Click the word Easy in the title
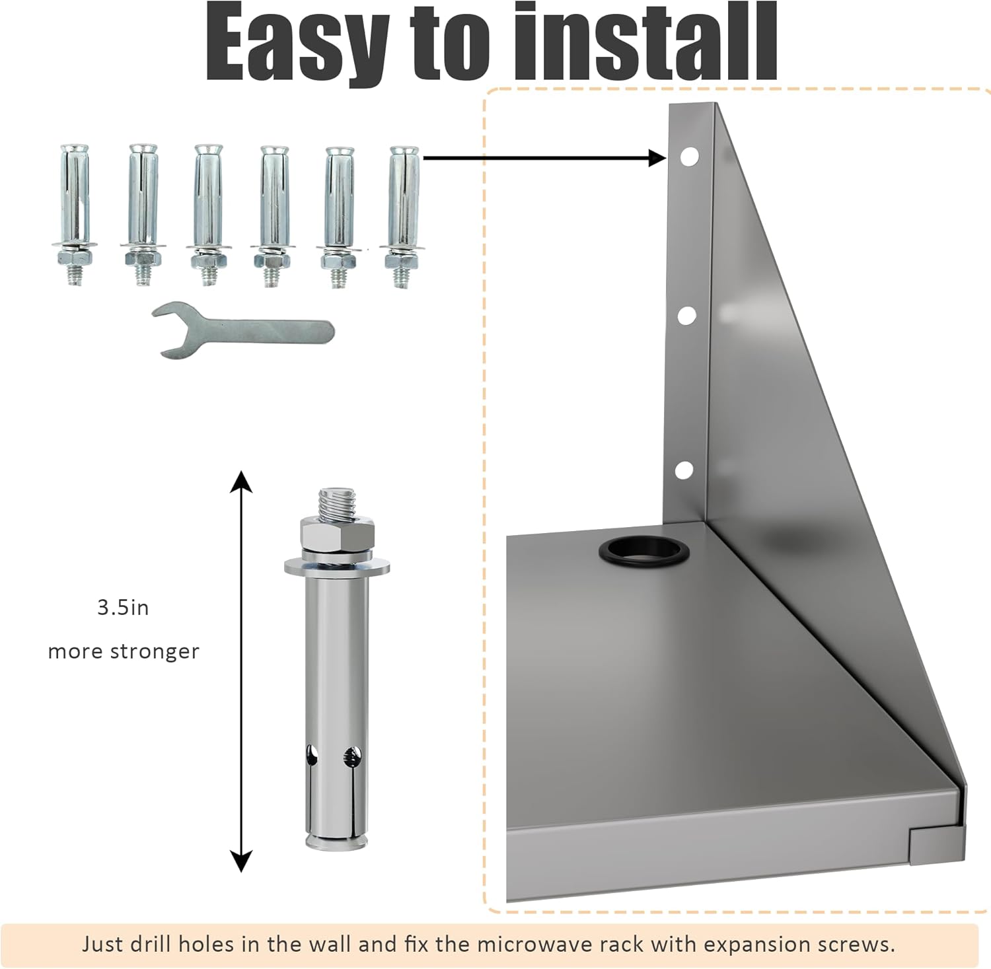(297, 45)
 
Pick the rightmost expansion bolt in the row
(402, 214)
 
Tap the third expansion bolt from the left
(208, 214)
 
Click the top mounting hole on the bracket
(688, 157)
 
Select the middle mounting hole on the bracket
(686, 315)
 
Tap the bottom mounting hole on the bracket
(684, 470)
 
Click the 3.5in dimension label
(123, 608)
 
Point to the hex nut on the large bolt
(337, 531)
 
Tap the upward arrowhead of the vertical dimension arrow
(241, 481)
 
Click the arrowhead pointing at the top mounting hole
(658, 158)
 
